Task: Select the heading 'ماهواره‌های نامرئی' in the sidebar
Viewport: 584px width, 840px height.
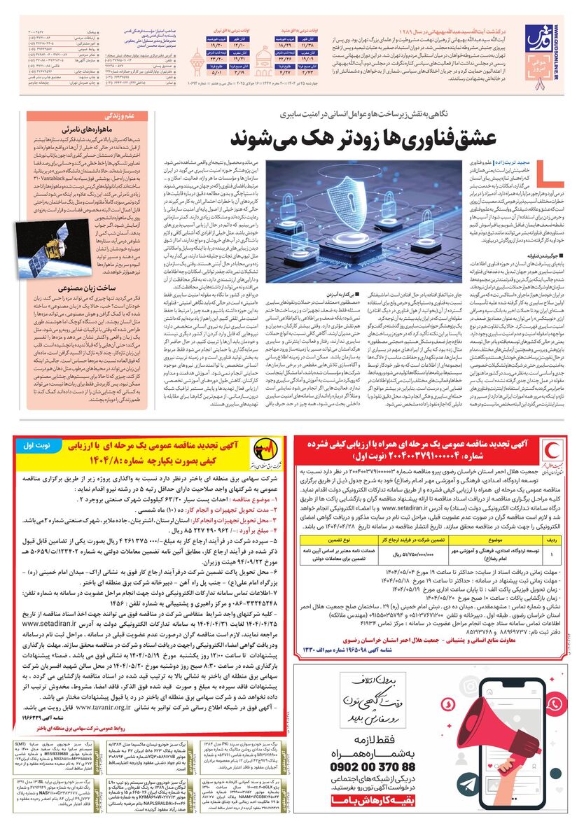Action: click(89, 131)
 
